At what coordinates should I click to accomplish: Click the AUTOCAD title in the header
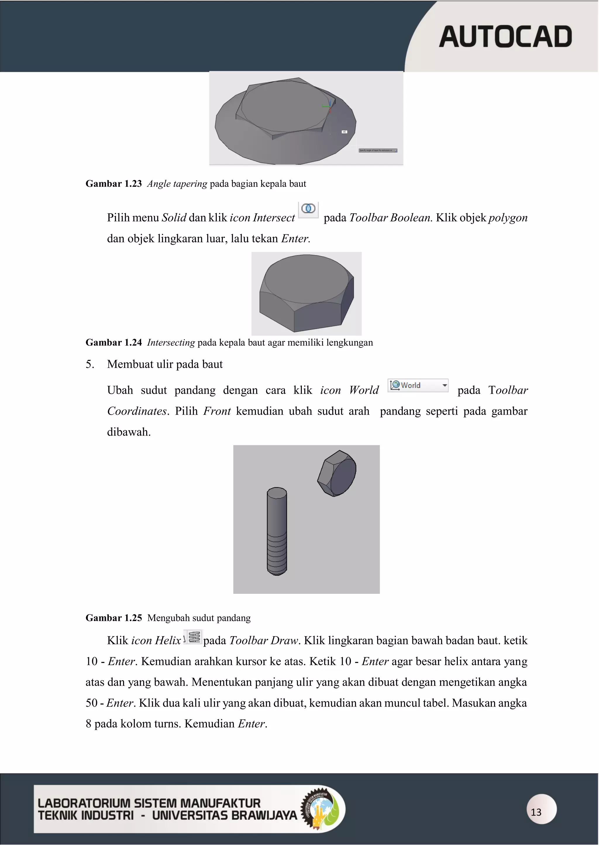(505, 37)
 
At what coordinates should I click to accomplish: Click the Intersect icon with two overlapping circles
(308, 209)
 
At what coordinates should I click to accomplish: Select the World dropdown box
(418, 385)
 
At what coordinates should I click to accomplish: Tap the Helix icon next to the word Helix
(194, 637)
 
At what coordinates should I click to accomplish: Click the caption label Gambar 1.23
(113, 184)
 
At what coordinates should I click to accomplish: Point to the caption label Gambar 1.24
(113, 343)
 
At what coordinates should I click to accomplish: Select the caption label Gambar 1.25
(113, 618)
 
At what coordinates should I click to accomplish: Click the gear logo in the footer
(319, 809)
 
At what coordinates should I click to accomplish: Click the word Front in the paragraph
(217, 411)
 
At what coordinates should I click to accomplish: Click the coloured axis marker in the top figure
(328, 106)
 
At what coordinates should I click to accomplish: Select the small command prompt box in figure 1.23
(378, 150)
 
